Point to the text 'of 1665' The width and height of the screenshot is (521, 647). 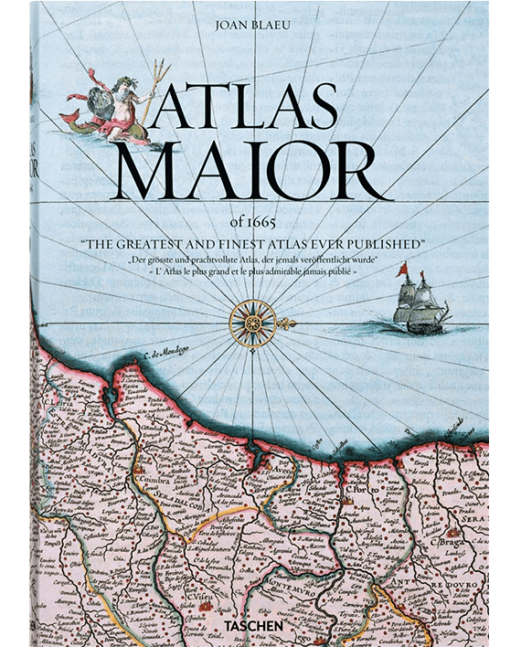click(260, 226)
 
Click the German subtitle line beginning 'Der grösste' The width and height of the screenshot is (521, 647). click(260, 260)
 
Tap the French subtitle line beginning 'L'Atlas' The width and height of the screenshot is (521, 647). click(260, 272)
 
